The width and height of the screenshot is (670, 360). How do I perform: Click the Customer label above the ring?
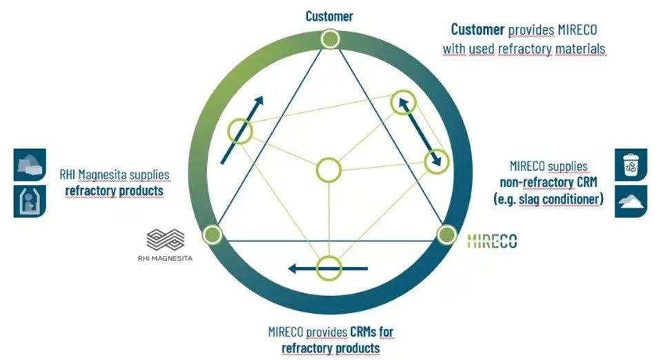coord(329,15)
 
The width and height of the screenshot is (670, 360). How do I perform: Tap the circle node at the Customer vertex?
coord(330,39)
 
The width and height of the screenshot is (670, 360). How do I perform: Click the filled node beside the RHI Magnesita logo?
coord(212,234)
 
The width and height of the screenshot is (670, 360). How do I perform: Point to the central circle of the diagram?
coord(329,170)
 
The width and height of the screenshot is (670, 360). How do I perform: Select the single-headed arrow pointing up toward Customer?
coord(242,130)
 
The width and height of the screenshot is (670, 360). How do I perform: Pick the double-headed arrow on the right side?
coord(419,132)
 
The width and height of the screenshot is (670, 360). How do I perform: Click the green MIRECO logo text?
coord(492,241)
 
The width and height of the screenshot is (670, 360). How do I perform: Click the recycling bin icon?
coord(630,166)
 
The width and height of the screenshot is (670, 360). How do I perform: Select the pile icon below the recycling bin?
coord(630,201)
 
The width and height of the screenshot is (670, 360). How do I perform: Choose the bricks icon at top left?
coord(30,165)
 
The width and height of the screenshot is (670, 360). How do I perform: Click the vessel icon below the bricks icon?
coord(30,201)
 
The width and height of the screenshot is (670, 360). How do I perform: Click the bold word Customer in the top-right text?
coord(477,30)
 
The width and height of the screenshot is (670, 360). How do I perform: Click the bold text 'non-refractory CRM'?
coord(549,183)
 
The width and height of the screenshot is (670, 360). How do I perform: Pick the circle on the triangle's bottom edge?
coord(329,268)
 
